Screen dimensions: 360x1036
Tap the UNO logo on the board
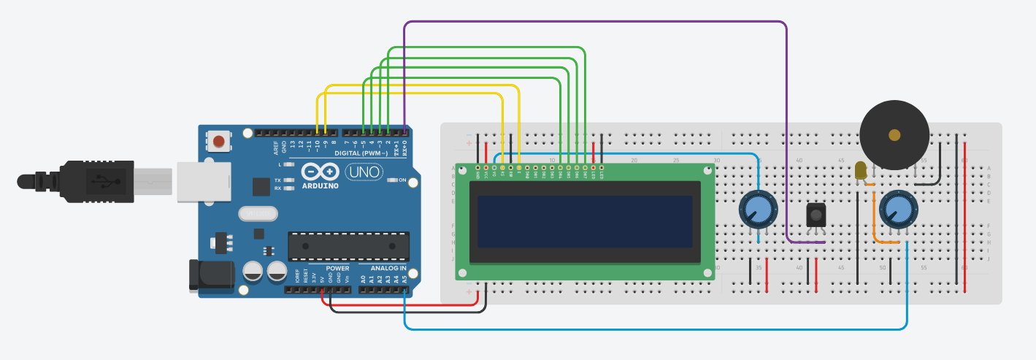[364, 172]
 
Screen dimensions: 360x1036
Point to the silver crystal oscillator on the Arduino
[258, 213]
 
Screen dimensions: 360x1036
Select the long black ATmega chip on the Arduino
[348, 246]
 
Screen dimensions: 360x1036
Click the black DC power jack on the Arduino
[210, 275]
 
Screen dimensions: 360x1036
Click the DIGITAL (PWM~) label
[363, 153]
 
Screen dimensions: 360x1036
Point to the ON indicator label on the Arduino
[402, 180]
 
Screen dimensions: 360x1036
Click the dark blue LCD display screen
[584, 221]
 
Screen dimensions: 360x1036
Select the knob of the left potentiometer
[759, 210]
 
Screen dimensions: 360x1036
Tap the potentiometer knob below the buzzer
[897, 210]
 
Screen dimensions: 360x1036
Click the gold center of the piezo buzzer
[894, 134]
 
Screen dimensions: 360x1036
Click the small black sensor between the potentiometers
[816, 214]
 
